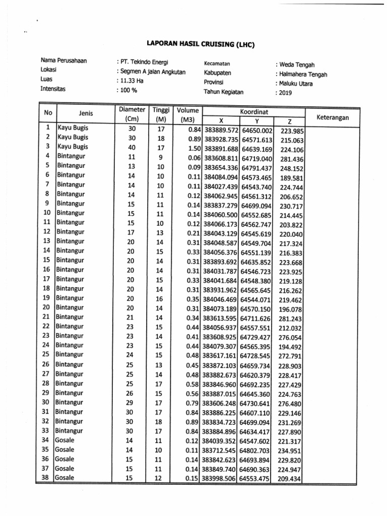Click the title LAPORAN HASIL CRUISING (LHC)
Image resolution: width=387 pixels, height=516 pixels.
201,44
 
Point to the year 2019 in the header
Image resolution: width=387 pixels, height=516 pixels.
286,93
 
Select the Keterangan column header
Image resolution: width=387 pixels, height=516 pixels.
333,117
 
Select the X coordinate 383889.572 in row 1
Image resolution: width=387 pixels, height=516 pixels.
220,131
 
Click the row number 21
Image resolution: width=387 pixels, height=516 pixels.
46,316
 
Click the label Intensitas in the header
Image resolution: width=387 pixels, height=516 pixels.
53,89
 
